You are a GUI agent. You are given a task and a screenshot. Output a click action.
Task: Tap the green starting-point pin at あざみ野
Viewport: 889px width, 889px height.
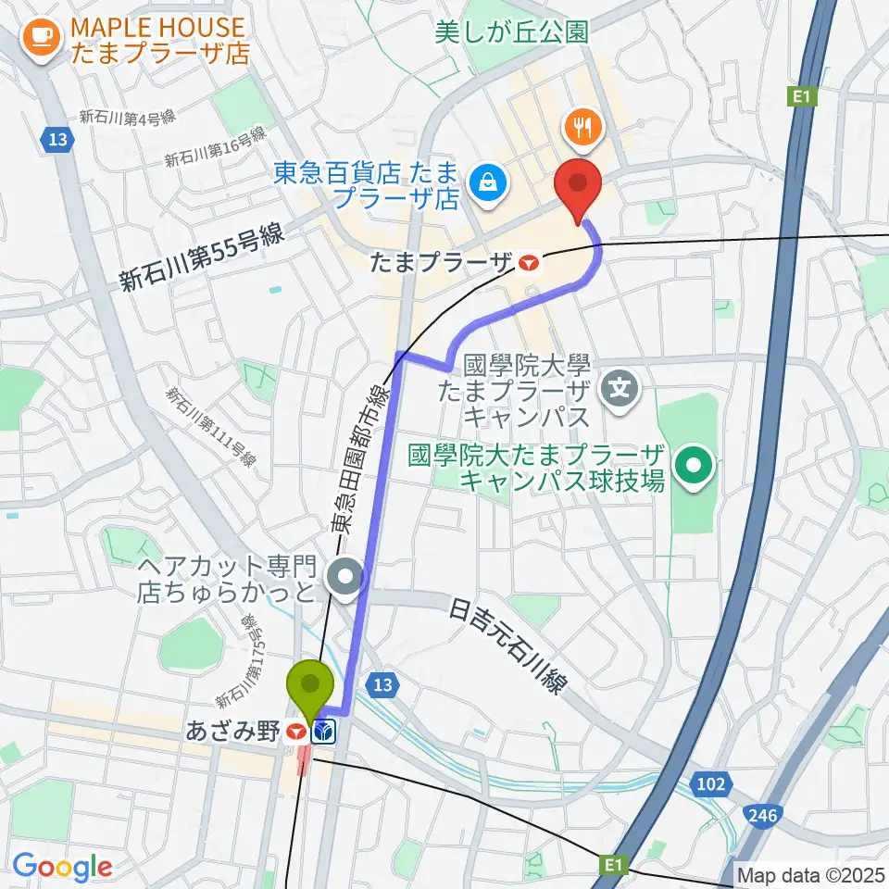coord(312,686)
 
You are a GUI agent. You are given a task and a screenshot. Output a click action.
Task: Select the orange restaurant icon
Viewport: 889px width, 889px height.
coord(582,128)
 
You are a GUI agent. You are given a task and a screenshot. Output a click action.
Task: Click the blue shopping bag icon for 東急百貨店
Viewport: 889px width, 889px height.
coord(486,182)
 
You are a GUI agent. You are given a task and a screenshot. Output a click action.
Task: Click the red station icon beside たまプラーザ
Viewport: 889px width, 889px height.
coord(529,263)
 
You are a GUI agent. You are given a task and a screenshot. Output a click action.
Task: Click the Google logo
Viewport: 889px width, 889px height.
coord(62,867)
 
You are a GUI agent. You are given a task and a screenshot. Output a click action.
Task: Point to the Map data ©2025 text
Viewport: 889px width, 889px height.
coord(811,873)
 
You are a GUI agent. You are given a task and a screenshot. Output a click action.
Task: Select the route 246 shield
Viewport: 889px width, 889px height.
coord(762,815)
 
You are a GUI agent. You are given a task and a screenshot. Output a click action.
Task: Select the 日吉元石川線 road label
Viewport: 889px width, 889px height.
coord(508,647)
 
